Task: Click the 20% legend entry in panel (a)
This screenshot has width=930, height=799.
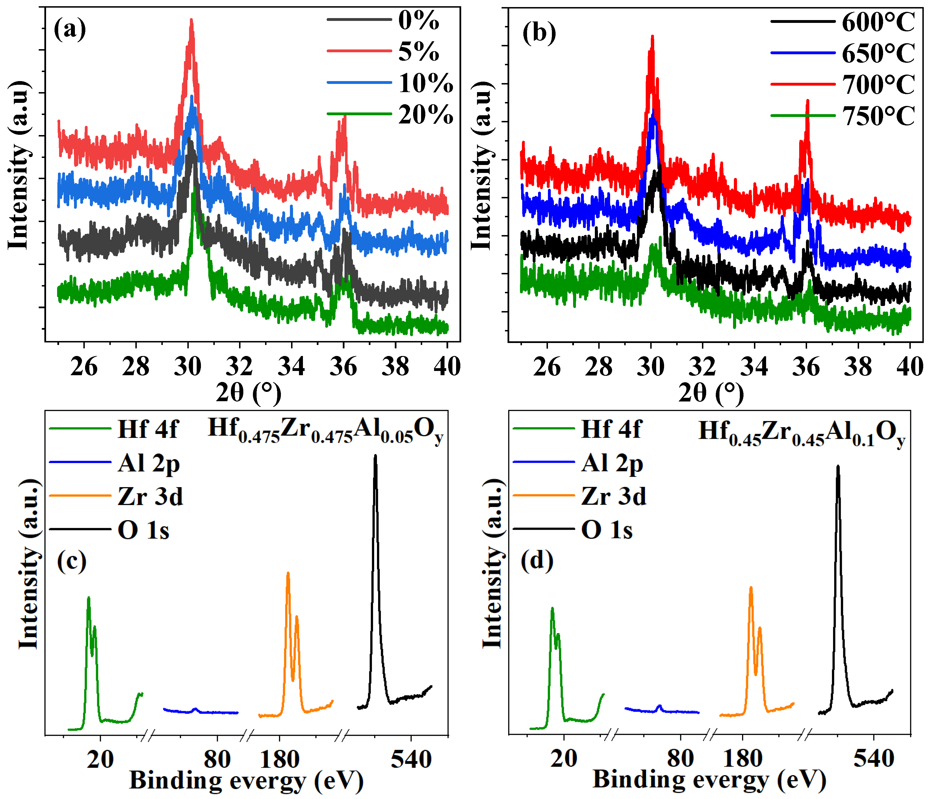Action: click(x=425, y=115)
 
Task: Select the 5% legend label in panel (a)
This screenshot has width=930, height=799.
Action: click(x=418, y=52)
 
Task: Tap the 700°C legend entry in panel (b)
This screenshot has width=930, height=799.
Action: click(x=877, y=85)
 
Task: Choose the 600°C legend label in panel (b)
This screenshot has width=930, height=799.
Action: click(x=877, y=22)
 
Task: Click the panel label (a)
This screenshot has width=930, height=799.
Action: click(x=70, y=30)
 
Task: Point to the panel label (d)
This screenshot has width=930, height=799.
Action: click(x=537, y=561)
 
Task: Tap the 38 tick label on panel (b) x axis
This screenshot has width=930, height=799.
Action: click(x=858, y=367)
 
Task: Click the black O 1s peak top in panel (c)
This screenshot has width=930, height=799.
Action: click(x=375, y=456)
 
